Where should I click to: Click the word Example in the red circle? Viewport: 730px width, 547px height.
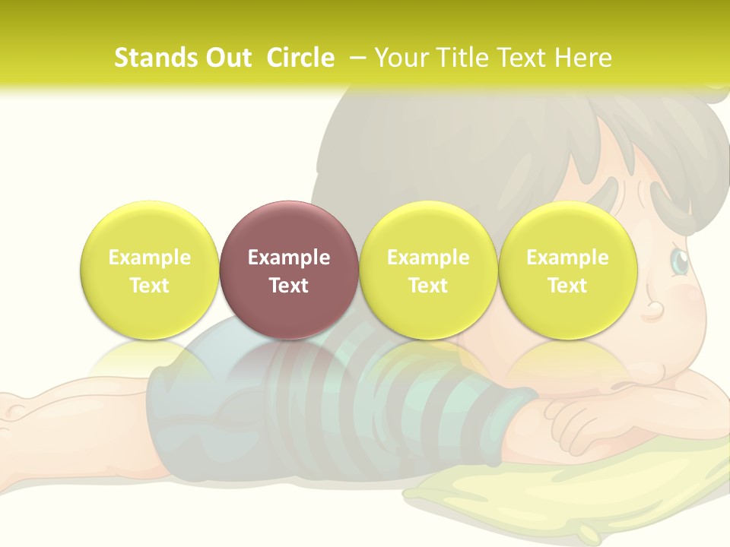point(288,258)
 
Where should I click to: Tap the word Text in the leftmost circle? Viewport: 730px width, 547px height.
point(149,286)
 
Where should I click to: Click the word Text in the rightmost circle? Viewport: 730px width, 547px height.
point(567,286)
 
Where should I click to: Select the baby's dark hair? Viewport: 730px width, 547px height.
point(471,152)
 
